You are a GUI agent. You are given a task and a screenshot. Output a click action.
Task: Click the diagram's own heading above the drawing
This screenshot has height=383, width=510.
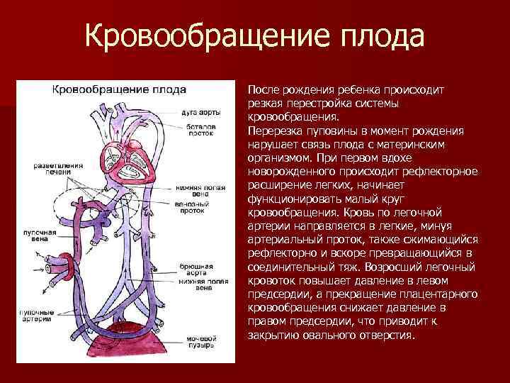pyautogui.click(x=117, y=90)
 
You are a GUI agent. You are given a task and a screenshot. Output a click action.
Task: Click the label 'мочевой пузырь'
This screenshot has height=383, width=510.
pyautogui.click(x=201, y=343)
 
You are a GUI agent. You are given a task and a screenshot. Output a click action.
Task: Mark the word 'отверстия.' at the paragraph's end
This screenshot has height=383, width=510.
pyautogui.click(x=387, y=334)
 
